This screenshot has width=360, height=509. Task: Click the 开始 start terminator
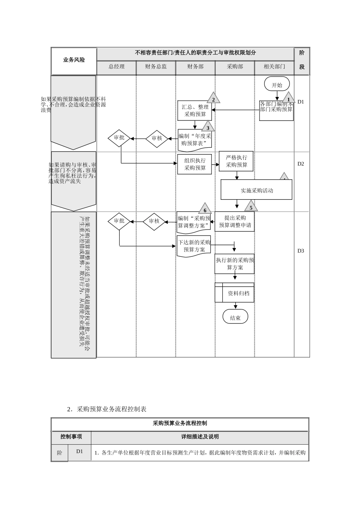click(x=277, y=85)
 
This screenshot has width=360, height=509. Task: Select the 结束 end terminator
click(x=235, y=318)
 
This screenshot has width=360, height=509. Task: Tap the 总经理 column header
click(x=116, y=67)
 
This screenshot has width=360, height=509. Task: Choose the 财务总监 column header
click(x=156, y=67)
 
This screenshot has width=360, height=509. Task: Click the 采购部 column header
click(x=235, y=67)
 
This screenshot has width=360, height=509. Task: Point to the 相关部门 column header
click(x=274, y=67)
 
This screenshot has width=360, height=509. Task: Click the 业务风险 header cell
click(x=74, y=60)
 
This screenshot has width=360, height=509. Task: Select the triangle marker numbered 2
click(x=213, y=98)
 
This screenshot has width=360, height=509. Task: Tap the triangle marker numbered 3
click(x=208, y=127)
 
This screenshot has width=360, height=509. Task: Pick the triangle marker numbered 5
click(x=251, y=207)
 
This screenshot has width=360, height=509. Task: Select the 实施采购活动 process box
click(x=257, y=190)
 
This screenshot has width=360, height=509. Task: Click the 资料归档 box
click(x=235, y=293)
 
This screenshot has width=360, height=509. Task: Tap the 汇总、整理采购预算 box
click(x=195, y=111)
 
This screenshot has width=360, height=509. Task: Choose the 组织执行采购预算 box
click(x=195, y=164)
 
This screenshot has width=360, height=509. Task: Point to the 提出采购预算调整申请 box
click(x=235, y=222)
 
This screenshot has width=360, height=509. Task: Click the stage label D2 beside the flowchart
click(x=301, y=164)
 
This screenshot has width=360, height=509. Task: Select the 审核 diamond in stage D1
click(x=157, y=138)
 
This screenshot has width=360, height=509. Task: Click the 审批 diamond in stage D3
click(x=119, y=221)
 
